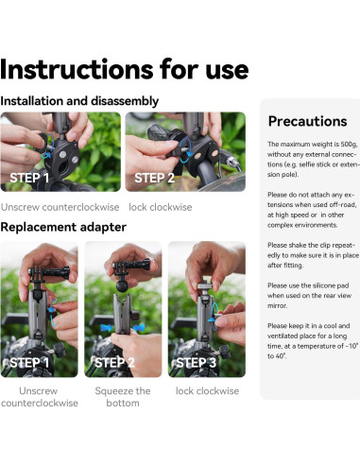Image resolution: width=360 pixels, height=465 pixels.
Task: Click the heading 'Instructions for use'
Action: [125, 69]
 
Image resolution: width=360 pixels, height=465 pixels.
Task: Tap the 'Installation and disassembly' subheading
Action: [79, 101]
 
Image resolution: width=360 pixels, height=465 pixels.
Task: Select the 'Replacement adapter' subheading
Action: [63, 227]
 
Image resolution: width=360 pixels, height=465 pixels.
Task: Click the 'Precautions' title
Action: [307, 121]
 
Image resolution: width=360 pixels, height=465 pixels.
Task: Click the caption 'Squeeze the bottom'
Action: [123, 397]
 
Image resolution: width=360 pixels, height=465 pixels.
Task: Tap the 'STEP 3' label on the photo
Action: [196, 363]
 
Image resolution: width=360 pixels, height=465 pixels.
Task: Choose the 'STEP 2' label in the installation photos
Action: [154, 178]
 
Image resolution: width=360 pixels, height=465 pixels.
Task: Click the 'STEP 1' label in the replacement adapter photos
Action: [29, 363]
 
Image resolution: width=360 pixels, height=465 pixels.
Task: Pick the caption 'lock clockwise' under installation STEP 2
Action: [161, 207]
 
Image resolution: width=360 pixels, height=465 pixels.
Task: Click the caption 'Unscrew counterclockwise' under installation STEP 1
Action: [60, 207]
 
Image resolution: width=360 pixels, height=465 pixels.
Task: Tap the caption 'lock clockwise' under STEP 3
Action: [207, 391]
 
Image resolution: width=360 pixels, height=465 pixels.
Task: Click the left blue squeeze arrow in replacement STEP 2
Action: [107, 328]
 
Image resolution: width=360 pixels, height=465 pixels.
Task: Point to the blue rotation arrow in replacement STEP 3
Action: [214, 317]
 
